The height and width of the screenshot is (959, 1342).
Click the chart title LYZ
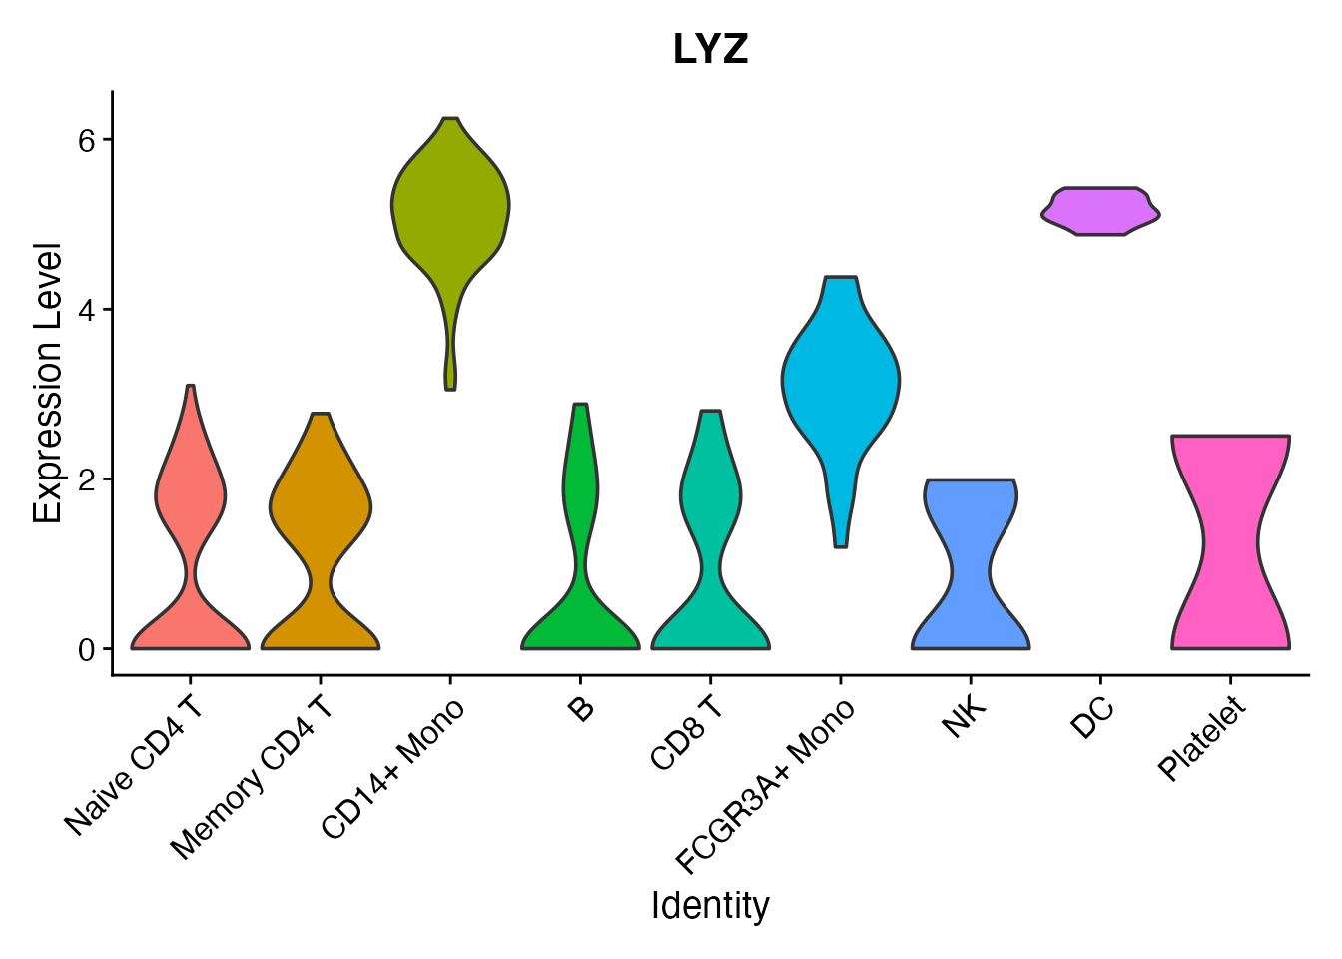click(710, 50)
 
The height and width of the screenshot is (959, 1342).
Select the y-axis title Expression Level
click(48, 383)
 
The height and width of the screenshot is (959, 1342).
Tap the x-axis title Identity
click(710, 906)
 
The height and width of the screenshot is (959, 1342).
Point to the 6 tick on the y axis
click(87, 140)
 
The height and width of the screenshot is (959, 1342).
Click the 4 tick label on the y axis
click(87, 310)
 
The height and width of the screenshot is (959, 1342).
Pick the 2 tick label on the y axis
click(87, 479)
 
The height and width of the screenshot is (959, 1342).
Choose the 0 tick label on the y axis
click(87, 649)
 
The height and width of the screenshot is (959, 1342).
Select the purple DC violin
click(1100, 211)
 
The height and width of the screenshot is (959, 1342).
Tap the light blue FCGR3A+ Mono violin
click(841, 380)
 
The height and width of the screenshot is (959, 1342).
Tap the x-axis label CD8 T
click(686, 735)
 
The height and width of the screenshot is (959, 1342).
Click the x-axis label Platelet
click(1203, 739)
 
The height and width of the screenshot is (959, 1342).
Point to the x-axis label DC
click(1091, 718)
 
